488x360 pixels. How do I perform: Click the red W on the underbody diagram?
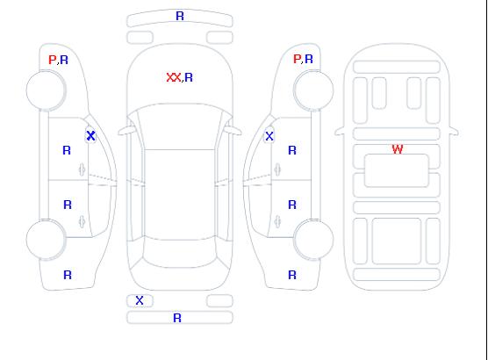[x=398, y=149]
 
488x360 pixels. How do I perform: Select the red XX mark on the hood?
[x=174, y=77]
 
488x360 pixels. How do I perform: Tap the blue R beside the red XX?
[x=189, y=77]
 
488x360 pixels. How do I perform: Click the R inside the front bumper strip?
[x=180, y=16]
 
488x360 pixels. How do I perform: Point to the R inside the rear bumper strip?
[x=177, y=318]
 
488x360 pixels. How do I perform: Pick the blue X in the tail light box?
[x=140, y=300]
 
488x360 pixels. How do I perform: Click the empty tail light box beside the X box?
[x=219, y=301]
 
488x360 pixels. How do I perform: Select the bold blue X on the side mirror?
[x=91, y=136]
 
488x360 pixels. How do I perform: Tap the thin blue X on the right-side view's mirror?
[x=269, y=136]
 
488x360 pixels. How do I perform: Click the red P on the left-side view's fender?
[x=52, y=60]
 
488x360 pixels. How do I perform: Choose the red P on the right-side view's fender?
[x=297, y=59]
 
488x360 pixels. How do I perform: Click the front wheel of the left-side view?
[x=46, y=90]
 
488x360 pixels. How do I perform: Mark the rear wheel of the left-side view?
[x=46, y=240]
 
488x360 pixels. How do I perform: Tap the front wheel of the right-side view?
[x=313, y=90]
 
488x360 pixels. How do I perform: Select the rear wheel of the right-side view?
[x=313, y=239]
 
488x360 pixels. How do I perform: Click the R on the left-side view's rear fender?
[x=68, y=275]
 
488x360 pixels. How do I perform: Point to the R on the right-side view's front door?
[x=292, y=150]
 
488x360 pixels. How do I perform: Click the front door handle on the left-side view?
[x=82, y=169]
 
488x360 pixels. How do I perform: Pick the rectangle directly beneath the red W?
[x=397, y=170]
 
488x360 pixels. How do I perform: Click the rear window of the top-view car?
[x=180, y=253]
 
